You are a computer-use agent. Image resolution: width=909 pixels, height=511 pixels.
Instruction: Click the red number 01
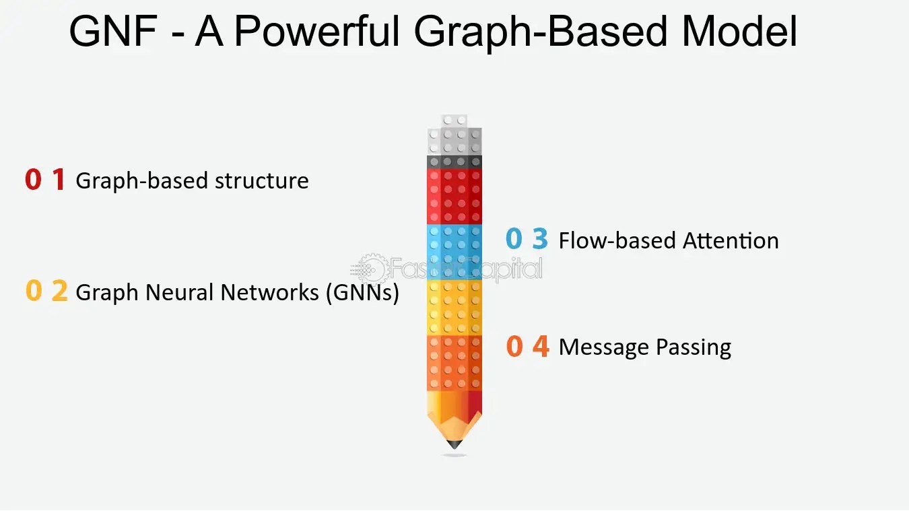point(45,180)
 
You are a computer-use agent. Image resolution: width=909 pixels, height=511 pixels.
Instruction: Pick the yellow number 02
point(46,292)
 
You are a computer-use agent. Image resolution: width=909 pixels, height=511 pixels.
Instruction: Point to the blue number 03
point(527,240)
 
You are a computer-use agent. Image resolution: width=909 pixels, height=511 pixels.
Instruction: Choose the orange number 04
point(527,347)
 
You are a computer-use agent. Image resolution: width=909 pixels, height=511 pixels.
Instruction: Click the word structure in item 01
point(261,181)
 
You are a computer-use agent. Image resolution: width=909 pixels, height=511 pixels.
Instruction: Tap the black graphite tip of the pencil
point(454,444)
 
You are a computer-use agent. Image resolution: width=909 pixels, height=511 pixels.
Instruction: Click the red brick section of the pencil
point(454,195)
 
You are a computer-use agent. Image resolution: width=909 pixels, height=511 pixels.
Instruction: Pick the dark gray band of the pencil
point(454,162)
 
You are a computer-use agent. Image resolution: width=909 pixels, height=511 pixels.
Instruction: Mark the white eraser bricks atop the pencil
point(454,138)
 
